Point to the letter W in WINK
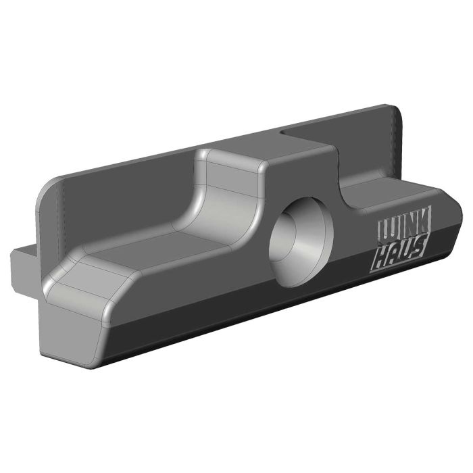point(384,231)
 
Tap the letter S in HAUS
point(420,249)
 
